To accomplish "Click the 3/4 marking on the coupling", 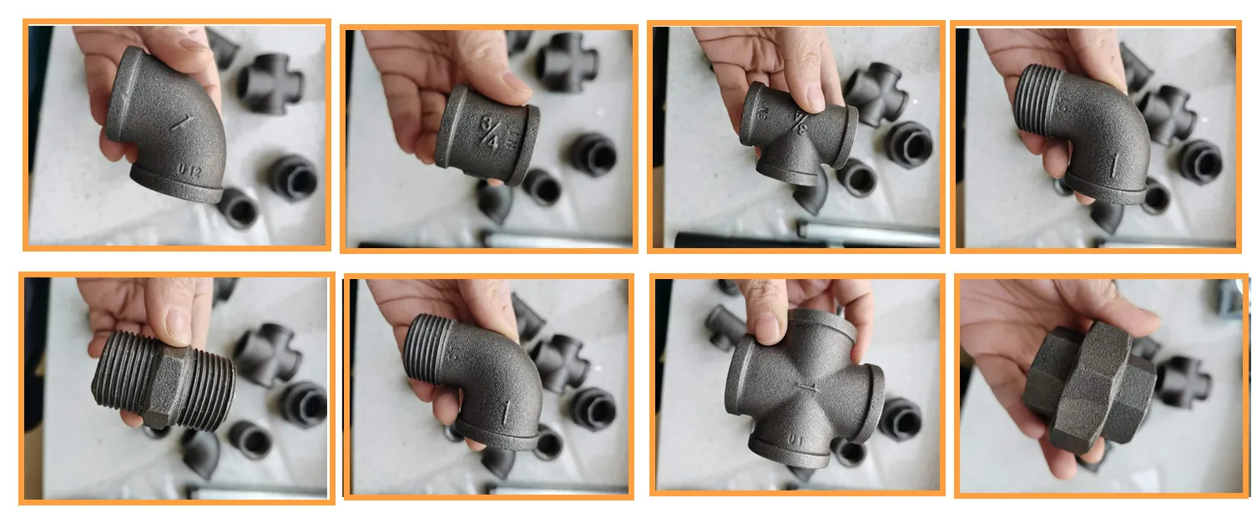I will point(489,134).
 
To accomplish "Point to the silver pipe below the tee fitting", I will point(868,231).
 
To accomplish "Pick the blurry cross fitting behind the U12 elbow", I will point(270,84).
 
